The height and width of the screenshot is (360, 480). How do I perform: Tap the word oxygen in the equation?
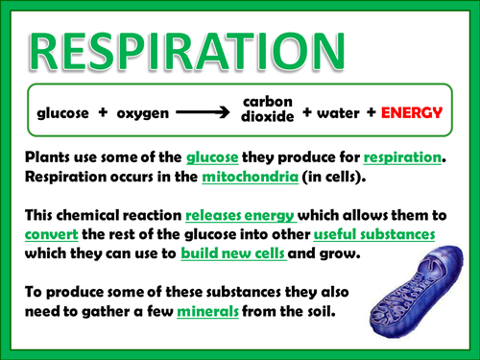[x=142, y=113]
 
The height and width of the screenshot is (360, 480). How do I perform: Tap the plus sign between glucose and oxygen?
[x=102, y=113]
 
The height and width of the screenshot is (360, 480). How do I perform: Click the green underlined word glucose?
[x=218, y=157]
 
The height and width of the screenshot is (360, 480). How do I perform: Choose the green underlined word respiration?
[x=404, y=157]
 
